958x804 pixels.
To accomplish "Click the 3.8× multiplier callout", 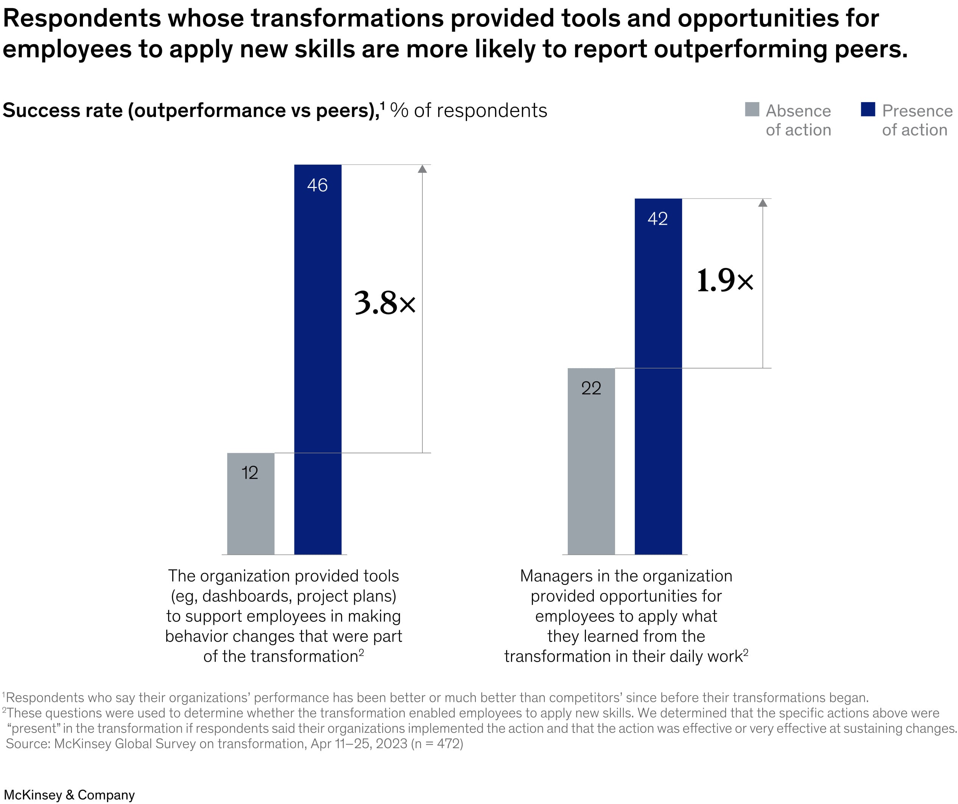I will [385, 303].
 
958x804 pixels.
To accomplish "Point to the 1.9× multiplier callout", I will [725, 280].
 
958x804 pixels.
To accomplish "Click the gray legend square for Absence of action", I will [752, 109].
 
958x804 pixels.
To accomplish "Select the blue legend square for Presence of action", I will [868, 109].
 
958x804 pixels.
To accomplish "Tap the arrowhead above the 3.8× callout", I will [422, 169].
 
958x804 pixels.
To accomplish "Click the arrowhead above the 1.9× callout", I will [763, 203].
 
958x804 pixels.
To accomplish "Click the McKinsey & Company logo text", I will [69, 795].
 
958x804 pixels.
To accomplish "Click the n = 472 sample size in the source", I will [436, 743].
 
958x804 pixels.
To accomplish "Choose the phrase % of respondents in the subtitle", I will [469, 110].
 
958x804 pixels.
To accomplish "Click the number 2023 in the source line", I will [391, 743].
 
